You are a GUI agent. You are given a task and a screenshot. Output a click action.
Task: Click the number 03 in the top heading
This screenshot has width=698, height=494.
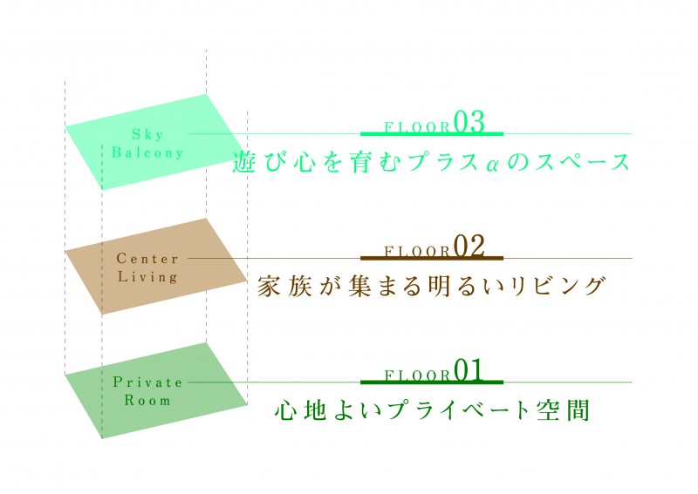[469, 122]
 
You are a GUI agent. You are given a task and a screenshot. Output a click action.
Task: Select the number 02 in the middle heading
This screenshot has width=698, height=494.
[469, 247]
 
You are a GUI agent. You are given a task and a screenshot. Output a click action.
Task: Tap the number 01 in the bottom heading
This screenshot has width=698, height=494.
[469, 371]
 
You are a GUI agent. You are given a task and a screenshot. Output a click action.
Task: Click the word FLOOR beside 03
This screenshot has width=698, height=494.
[418, 127]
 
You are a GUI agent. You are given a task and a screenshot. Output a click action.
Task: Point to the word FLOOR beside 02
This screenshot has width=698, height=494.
[418, 252]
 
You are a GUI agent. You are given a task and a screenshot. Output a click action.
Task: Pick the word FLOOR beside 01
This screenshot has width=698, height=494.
[418, 376]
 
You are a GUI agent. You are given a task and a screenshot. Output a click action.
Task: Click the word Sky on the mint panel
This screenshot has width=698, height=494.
[147, 134]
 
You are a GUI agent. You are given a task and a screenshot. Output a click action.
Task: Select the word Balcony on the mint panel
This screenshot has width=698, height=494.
[147, 152]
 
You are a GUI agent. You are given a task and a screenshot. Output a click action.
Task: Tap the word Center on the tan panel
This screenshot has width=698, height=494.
[147, 259]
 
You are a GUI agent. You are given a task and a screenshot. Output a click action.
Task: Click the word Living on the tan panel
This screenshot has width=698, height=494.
[147, 277]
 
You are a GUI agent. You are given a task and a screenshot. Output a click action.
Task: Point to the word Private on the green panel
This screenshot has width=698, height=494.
[147, 382]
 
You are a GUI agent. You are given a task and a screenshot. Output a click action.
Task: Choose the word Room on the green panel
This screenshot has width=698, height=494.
[147, 400]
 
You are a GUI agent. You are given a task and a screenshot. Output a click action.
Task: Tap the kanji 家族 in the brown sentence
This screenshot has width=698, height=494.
[284, 287]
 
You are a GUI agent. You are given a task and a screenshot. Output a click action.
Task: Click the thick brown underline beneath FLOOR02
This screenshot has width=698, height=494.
[432, 258]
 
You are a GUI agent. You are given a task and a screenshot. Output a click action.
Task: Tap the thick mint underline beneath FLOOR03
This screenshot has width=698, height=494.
[432, 133]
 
